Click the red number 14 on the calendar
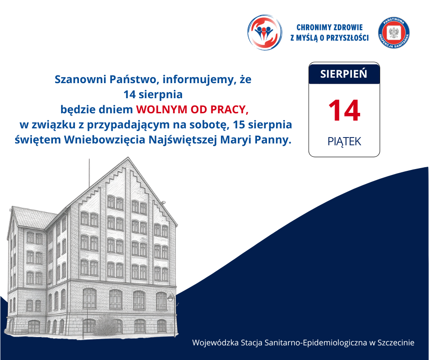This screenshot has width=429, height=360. click(344, 111)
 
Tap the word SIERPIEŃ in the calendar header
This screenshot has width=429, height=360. click(344, 74)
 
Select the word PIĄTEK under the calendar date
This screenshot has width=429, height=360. click(344, 142)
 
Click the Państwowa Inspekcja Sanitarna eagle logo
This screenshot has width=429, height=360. click(394, 33)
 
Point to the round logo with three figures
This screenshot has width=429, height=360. click(264, 32)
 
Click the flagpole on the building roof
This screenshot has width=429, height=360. click(89, 173)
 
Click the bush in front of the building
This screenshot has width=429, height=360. click(105, 326)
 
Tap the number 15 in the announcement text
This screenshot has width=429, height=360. click(239, 125)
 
